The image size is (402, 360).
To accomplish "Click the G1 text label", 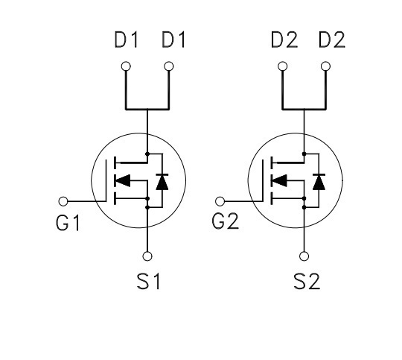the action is click(68, 223).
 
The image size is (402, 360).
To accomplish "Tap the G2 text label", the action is click(226, 221).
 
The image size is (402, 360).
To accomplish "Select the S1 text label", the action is click(148, 282).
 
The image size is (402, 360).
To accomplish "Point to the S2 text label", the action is click(307, 282).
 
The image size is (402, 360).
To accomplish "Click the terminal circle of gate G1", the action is click(63, 201).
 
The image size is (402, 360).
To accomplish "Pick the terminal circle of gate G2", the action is click(220, 201).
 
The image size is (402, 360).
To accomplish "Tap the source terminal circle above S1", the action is click(147, 256).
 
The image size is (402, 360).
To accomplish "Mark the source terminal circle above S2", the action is click(304, 256).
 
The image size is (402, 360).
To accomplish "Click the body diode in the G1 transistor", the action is click(162, 182).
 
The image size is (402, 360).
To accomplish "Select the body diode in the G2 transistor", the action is click(319, 182).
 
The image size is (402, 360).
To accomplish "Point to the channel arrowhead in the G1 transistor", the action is click(123, 180).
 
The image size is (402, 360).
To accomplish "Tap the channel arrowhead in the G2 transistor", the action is click(280, 180).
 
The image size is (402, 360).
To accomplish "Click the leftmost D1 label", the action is click(126, 40).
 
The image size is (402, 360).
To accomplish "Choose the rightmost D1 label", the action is click(173, 40).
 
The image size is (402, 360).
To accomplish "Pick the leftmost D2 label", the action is click(284, 40).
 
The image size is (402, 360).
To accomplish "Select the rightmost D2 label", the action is click(332, 40).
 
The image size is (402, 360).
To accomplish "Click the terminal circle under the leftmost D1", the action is click(126, 66).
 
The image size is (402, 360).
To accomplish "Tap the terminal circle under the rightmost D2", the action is click(325, 66).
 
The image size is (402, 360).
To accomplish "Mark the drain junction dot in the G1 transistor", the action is click(147, 154).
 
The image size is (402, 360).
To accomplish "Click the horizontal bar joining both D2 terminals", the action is click(304, 110).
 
